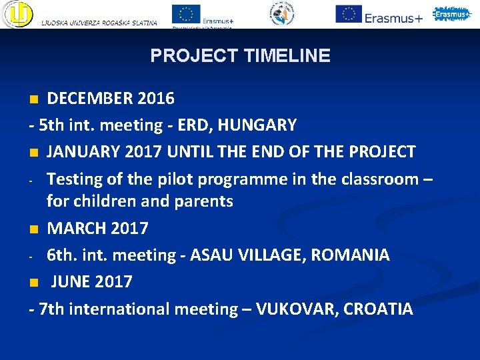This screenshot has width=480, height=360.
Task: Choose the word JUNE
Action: tap(70, 281)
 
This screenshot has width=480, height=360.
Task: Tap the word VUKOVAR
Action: tap(295, 309)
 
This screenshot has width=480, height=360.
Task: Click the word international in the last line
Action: tap(119, 309)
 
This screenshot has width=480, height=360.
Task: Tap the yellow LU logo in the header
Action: tap(17, 14)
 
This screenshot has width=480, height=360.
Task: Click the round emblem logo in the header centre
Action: tap(283, 13)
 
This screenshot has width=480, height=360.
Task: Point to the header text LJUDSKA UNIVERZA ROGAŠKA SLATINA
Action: tap(99, 23)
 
